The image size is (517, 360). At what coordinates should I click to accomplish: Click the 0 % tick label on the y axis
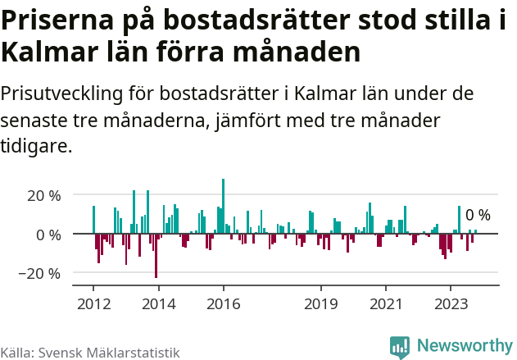[46, 235]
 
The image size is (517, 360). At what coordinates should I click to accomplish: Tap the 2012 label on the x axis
[93, 303]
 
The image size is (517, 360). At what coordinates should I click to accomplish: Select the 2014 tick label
[158, 303]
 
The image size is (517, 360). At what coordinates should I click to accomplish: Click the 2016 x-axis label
[223, 303]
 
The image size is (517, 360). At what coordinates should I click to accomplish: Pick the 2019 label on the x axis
[320, 303]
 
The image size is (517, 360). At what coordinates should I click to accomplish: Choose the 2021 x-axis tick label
[385, 303]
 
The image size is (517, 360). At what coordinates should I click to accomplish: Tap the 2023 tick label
[450, 303]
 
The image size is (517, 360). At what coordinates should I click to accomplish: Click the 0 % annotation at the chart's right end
[478, 216]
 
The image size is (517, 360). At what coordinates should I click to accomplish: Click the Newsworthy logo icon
[400, 346]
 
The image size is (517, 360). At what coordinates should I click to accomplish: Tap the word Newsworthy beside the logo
[464, 346]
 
